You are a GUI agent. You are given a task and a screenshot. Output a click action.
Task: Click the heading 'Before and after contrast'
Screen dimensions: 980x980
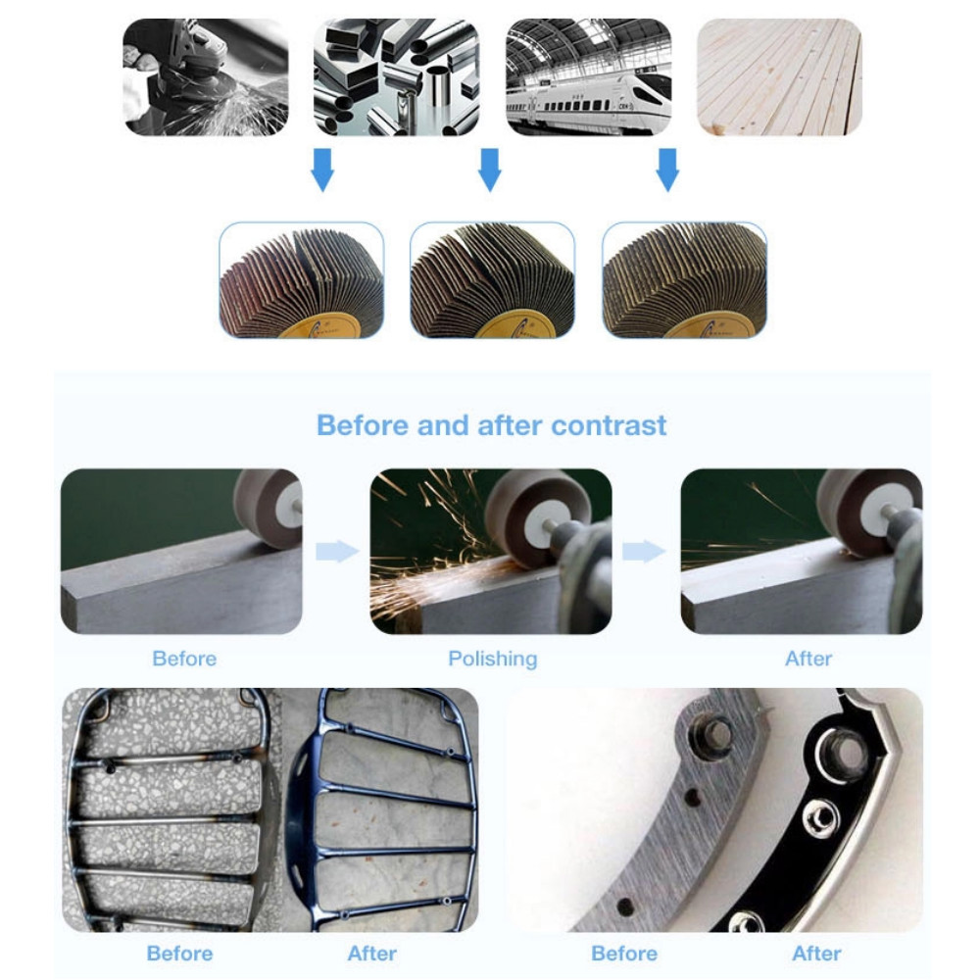(x=491, y=425)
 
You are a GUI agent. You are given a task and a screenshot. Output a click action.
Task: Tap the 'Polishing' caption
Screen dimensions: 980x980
(x=493, y=659)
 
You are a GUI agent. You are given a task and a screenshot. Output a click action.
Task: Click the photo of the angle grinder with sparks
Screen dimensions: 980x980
(x=206, y=76)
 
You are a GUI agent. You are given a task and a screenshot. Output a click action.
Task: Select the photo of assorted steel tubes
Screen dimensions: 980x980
(x=396, y=76)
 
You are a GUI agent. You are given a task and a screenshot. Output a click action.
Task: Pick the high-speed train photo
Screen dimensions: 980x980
(x=588, y=76)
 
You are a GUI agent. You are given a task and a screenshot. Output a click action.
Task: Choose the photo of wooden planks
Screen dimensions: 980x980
(x=779, y=76)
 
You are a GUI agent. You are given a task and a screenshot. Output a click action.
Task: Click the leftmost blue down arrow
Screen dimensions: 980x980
(x=322, y=170)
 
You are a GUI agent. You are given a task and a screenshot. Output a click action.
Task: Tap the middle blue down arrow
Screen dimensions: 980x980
(x=489, y=170)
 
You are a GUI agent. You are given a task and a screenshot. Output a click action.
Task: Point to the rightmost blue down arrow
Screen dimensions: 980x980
(x=667, y=170)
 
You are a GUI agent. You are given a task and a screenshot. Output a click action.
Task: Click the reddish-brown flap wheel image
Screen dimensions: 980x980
(x=301, y=280)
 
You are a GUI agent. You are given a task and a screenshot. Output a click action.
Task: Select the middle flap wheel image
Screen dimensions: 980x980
(x=492, y=280)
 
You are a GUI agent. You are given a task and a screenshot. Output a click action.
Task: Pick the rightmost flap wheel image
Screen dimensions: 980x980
(x=684, y=280)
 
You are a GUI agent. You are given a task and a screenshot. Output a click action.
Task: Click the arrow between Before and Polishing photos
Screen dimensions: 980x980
(x=337, y=551)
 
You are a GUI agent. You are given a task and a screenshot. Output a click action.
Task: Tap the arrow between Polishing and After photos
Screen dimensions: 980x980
(x=645, y=551)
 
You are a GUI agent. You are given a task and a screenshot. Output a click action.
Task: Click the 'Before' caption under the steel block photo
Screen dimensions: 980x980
(x=184, y=659)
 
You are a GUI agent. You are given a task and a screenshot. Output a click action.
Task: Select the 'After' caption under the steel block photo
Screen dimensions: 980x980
(x=808, y=659)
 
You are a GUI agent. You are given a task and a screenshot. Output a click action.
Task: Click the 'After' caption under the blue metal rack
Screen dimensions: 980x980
(x=371, y=954)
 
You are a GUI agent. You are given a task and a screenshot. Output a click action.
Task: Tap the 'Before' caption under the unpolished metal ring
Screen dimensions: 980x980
(x=623, y=954)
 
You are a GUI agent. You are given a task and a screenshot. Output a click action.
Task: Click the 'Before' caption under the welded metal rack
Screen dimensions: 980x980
(x=179, y=954)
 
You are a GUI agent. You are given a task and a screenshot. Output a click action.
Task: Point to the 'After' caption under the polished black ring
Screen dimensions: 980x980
(x=816, y=954)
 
